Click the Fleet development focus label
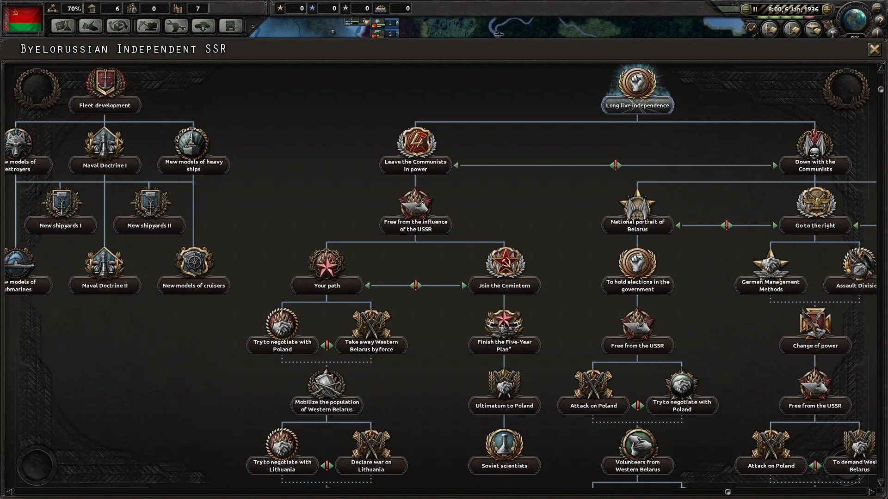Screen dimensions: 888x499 click(x=105, y=105)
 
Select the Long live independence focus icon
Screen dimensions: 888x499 click(x=637, y=82)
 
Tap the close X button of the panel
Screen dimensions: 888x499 click(x=874, y=49)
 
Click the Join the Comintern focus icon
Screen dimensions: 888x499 click(x=504, y=262)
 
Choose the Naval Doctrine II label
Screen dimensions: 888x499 click(x=105, y=286)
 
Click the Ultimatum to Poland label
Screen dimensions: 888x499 click(x=504, y=406)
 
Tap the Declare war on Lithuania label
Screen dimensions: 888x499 click(x=371, y=466)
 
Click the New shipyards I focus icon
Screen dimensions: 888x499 click(x=61, y=202)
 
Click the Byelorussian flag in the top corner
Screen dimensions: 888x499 click(x=23, y=18)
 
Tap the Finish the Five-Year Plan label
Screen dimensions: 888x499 click(x=504, y=346)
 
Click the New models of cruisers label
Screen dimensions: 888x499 click(x=193, y=286)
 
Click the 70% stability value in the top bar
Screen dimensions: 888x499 click(x=74, y=8)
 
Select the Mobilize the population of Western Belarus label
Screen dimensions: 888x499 click(x=327, y=406)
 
